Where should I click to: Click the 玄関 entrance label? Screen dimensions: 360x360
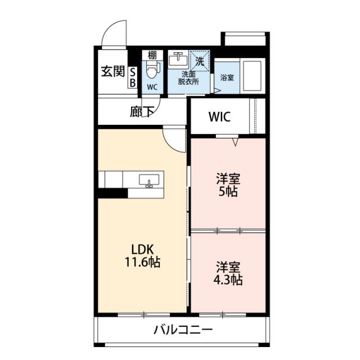[112, 72]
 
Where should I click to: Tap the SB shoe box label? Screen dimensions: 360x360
[133, 78]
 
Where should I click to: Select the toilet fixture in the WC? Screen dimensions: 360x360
[152, 71]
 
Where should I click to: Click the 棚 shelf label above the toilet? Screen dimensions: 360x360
[152, 55]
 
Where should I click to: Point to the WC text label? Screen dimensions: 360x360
[152, 87]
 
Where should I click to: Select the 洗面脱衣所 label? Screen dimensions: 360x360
[189, 78]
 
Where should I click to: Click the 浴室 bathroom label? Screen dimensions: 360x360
[227, 77]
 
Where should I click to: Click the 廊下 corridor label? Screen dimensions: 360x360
[142, 112]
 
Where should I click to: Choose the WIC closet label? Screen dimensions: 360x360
[219, 118]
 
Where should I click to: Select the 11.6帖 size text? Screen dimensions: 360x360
[142, 262]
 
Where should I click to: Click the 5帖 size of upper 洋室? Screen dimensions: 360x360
[228, 192]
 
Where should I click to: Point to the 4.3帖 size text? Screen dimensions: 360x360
[228, 280]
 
